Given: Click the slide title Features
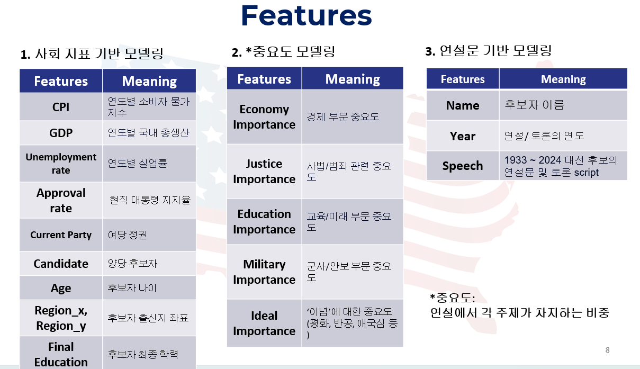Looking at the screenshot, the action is click(307, 16).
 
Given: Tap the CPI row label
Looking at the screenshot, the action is click(61, 107).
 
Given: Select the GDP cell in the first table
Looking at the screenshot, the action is click(61, 133).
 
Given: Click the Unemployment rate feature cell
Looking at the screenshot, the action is click(61, 164).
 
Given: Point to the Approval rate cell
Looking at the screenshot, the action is click(61, 200).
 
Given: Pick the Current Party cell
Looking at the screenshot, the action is click(61, 235).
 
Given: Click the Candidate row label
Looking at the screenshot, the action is click(61, 264).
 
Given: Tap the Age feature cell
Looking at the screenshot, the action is click(61, 288).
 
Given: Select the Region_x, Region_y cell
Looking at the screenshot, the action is click(61, 318).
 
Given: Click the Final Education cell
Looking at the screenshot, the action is click(61, 353).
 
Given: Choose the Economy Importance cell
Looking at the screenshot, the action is click(264, 117).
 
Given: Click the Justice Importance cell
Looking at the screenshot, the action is click(264, 172).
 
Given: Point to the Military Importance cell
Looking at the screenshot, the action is click(264, 272).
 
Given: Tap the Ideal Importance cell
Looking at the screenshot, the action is click(264, 323).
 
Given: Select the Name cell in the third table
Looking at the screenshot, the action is click(463, 105).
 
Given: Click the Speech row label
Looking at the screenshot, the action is click(463, 166).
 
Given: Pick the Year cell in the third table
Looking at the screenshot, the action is click(463, 136).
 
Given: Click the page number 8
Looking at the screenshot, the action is click(607, 350).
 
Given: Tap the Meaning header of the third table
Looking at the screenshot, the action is click(563, 79).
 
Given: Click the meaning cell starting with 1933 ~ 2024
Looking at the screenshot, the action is click(563, 166).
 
